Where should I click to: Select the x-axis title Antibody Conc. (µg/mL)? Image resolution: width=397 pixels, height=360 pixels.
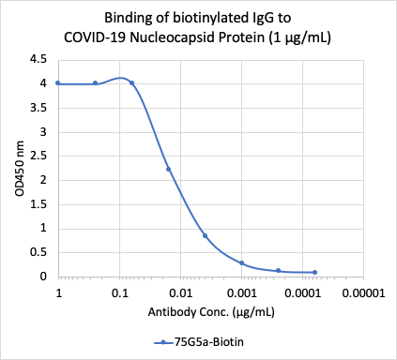pos(197,311)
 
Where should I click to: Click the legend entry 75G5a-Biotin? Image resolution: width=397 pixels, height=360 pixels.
pos(198,342)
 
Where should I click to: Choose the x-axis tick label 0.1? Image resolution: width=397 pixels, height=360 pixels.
pos(119,292)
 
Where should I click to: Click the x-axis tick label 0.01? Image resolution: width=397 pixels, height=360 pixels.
pos(180,292)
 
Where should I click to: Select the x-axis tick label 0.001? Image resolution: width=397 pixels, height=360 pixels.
pos(241,292)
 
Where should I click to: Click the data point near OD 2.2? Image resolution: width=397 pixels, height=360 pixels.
pos(168,169)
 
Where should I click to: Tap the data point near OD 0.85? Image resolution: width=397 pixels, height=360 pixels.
pos(205,235)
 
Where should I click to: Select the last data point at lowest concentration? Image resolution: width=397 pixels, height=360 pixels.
pos(314,272)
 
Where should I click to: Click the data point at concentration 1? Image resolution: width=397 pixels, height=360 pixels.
pos(58,82)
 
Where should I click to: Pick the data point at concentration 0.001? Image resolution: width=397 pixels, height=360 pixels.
pos(241,262)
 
